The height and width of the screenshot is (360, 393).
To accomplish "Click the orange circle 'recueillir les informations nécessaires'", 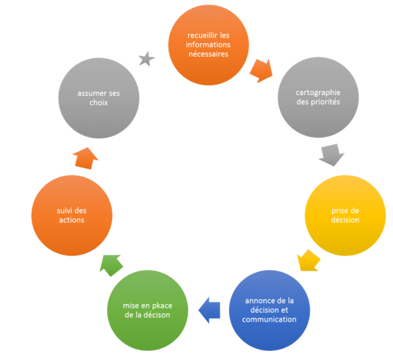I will [206, 46].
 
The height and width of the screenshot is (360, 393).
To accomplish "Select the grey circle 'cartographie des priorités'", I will [318, 97].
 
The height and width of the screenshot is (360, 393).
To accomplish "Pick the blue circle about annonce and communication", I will [270, 310].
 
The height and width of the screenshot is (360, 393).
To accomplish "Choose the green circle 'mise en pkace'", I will [146, 311].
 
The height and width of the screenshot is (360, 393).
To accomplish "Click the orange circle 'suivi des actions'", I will [71, 215].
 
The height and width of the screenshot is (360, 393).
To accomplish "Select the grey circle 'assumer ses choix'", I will [99, 98].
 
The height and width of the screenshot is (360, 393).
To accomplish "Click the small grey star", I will [147, 60].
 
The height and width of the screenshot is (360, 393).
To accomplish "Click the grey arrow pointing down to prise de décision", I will [332, 155].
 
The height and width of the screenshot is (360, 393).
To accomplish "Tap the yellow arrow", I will [307, 260].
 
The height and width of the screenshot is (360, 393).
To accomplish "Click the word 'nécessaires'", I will [206, 55].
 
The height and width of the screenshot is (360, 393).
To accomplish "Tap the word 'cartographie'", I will [318, 93].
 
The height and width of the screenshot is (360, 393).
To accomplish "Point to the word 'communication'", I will [270, 320].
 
